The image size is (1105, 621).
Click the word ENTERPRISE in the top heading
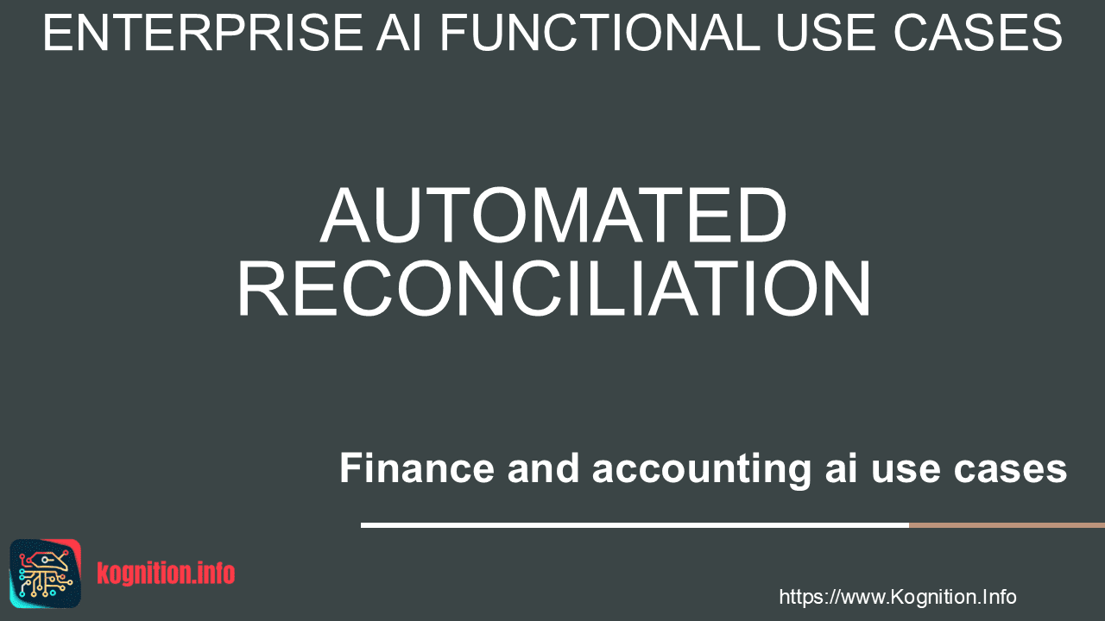click(203, 33)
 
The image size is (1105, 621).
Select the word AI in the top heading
click(399, 33)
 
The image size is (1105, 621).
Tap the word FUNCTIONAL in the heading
click(600, 33)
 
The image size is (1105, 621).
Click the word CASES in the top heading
click(978, 33)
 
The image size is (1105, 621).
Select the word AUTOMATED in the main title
click(553, 216)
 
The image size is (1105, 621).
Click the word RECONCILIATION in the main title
click(554, 288)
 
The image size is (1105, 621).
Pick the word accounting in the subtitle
click(702, 470)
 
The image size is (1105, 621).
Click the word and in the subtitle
click(543, 467)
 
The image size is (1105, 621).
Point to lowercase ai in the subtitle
click(841, 467)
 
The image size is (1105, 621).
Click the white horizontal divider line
click(635, 525)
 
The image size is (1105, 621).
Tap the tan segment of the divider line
click(1007, 525)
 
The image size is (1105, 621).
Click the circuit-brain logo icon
click(46, 574)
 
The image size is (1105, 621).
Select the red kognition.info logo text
click(166, 574)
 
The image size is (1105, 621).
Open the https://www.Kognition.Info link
click(898, 598)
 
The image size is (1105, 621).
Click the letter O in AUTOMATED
click(502, 216)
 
